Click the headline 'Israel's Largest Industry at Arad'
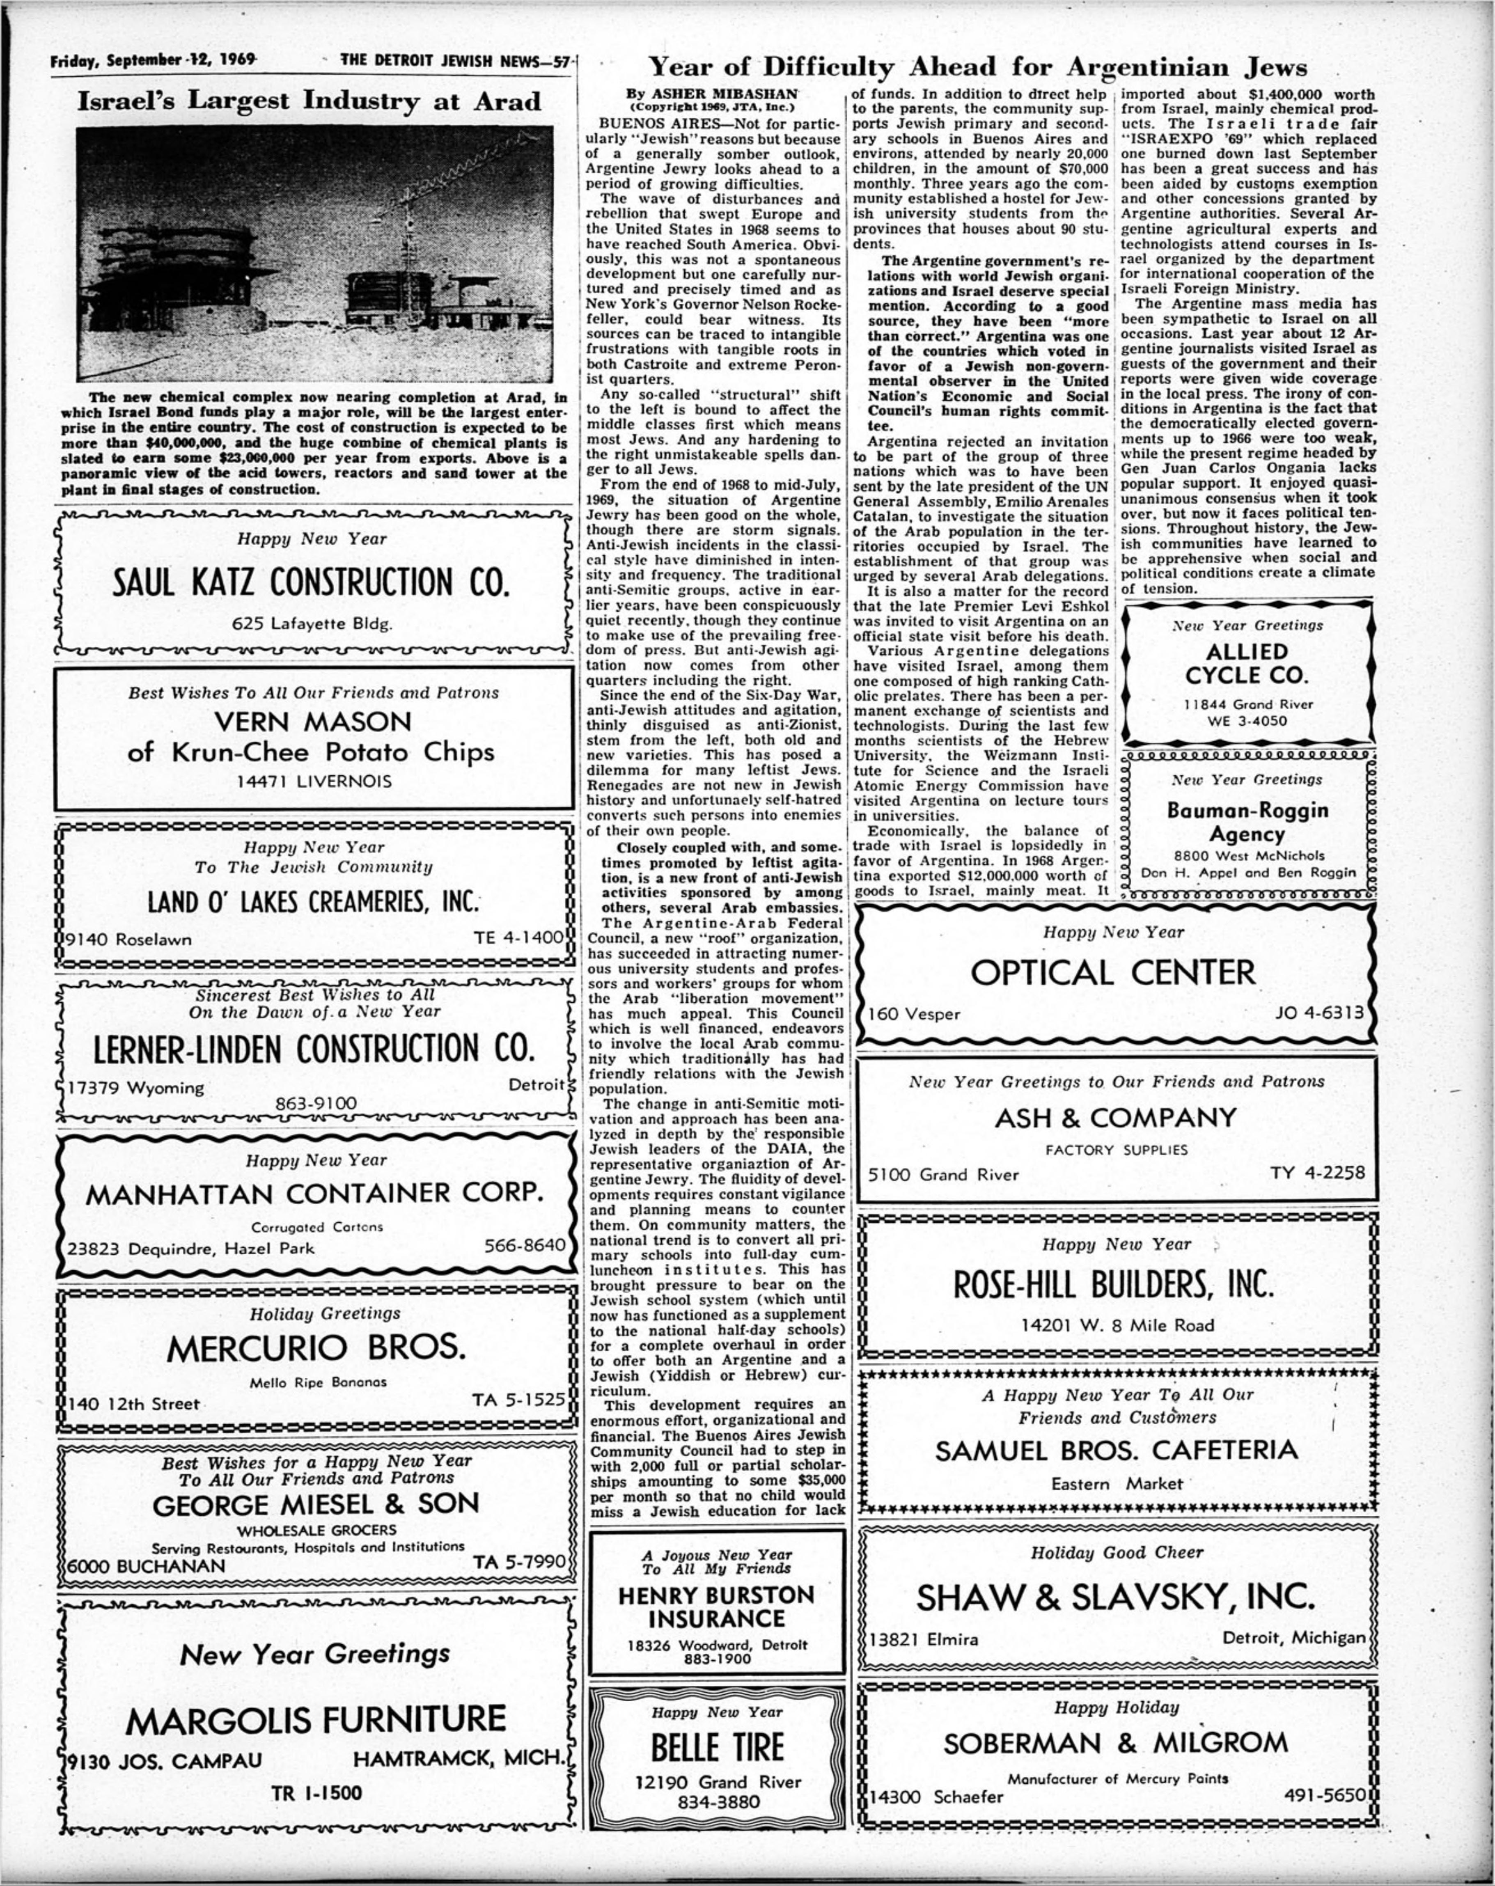[x=310, y=101]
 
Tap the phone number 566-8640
[x=525, y=1244]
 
